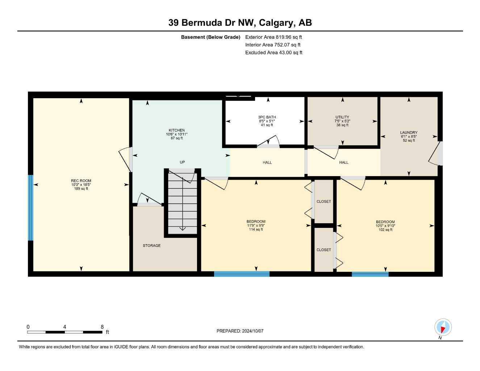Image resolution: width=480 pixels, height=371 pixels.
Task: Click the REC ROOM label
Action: pyautogui.click(x=81, y=181)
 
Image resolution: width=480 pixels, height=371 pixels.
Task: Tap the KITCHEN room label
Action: pyautogui.click(x=176, y=130)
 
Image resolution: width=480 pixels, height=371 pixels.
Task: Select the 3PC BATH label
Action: pyautogui.click(x=267, y=117)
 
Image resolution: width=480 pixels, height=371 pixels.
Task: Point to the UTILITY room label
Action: pyautogui.click(x=342, y=117)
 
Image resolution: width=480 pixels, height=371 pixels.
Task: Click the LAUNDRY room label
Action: pyautogui.click(x=409, y=133)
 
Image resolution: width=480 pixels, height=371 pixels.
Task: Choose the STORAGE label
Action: pyautogui.click(x=152, y=246)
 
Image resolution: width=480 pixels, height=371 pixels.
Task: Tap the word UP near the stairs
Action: pyautogui.click(x=182, y=162)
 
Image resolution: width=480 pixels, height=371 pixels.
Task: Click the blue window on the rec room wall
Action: pyautogui.click(x=31, y=208)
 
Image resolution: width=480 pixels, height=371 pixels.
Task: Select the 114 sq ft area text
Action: pyautogui.click(x=256, y=229)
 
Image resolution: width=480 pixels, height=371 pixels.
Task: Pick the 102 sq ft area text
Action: pyautogui.click(x=385, y=230)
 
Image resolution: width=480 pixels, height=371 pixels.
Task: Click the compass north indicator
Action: pyautogui.click(x=443, y=328)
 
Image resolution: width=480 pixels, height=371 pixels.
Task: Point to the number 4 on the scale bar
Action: pyautogui.click(x=64, y=327)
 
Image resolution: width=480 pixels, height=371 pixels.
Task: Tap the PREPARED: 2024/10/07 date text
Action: pyautogui.click(x=240, y=331)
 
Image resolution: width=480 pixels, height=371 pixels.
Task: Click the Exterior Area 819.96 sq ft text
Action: pyautogui.click(x=274, y=37)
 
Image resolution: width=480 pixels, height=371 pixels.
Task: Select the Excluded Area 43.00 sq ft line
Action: pyautogui.click(x=274, y=53)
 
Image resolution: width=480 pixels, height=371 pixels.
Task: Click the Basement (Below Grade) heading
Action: pyautogui.click(x=210, y=37)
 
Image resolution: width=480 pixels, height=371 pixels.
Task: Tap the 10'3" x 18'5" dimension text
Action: pyautogui.click(x=81, y=185)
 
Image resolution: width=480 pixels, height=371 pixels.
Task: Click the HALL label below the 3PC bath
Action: pyautogui.click(x=267, y=163)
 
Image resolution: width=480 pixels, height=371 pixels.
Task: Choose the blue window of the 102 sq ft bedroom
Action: pyautogui.click(x=370, y=274)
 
